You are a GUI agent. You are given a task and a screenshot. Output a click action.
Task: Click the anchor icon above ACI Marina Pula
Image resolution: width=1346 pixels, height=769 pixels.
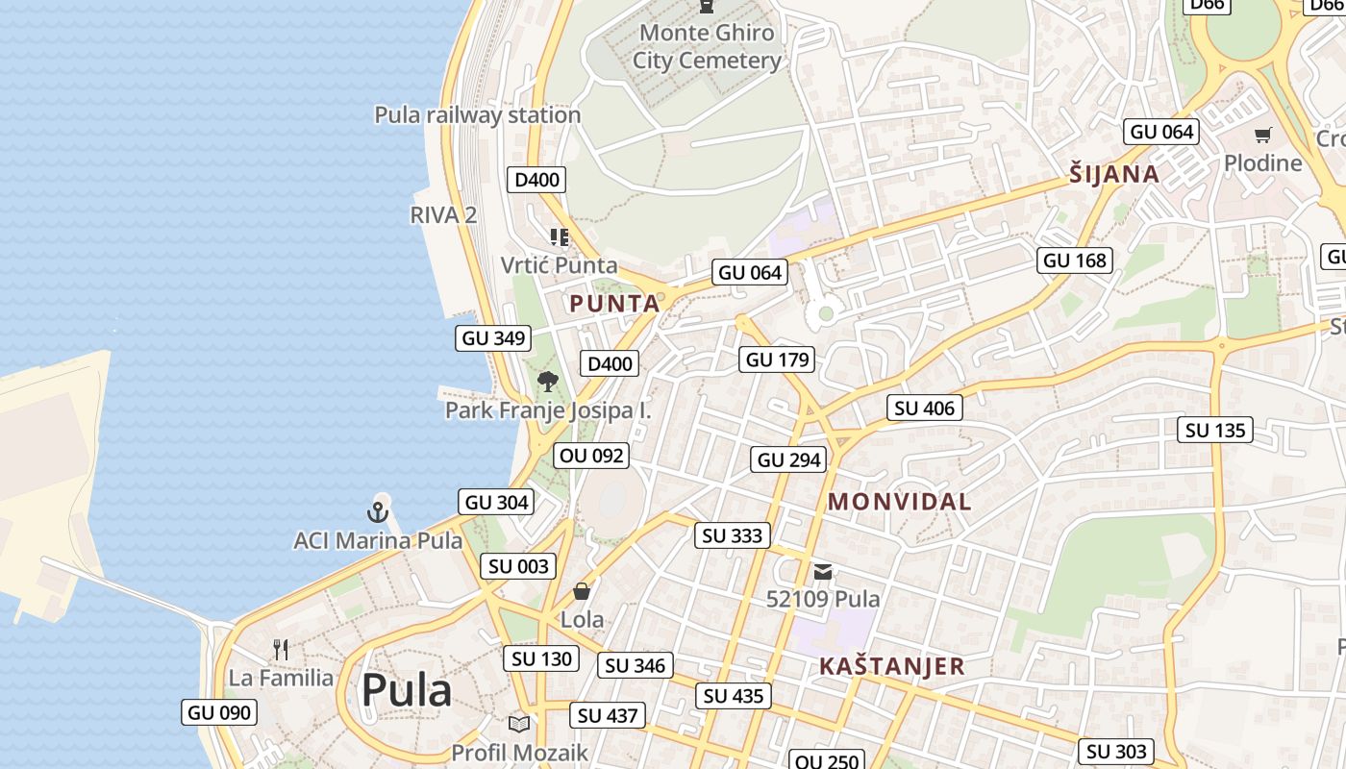[x=379, y=511]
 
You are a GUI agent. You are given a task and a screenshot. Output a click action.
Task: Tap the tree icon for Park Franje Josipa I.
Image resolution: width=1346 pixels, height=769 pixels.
[x=547, y=382]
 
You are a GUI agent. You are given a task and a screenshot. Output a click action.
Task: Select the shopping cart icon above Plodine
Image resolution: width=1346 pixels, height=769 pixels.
[x=1262, y=135]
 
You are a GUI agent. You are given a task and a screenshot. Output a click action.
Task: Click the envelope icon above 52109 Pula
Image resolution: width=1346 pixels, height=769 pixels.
[x=823, y=571]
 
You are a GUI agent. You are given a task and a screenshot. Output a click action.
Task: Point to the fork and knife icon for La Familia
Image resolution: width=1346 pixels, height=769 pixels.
[x=281, y=650]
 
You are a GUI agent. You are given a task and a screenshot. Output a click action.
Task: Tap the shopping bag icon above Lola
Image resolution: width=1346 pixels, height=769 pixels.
[x=582, y=590]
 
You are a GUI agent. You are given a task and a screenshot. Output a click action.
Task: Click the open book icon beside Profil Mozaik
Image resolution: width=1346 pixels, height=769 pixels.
[x=519, y=724]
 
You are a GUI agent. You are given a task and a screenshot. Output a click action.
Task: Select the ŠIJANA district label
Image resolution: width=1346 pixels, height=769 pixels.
[x=1114, y=174]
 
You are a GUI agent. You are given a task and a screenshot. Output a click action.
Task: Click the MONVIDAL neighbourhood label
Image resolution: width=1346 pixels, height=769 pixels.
[x=899, y=501]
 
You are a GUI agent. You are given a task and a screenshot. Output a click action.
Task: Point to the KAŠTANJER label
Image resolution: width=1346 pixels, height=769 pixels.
[x=891, y=666]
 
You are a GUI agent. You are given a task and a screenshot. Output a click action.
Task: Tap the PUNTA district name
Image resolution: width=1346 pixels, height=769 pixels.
[x=614, y=304]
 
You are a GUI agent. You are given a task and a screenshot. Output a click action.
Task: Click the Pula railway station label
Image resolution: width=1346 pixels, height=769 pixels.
[x=477, y=114]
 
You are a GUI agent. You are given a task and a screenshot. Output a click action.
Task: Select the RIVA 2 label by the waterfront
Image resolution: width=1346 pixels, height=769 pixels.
[x=443, y=214]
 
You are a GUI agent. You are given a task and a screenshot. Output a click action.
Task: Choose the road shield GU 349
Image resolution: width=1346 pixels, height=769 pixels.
[x=493, y=337]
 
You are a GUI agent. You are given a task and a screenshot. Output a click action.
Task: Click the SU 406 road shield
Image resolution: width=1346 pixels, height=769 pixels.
[x=924, y=408]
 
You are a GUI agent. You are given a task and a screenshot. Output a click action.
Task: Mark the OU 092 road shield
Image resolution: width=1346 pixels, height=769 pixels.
[x=591, y=455]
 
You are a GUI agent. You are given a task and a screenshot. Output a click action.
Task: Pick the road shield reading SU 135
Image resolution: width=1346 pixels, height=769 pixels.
[x=1215, y=430]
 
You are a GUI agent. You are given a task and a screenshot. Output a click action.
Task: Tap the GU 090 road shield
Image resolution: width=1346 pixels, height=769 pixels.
[x=219, y=712]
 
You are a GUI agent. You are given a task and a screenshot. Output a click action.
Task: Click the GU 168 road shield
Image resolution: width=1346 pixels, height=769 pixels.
[x=1075, y=260]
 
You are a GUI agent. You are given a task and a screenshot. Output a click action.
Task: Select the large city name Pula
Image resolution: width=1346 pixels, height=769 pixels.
[x=406, y=690]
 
